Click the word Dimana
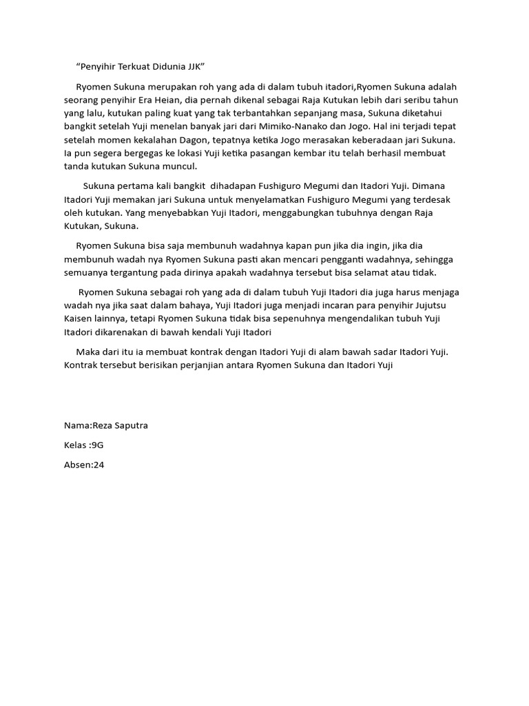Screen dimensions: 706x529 click(x=430, y=186)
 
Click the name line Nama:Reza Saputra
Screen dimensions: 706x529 click(x=106, y=425)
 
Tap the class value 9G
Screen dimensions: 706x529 click(x=97, y=445)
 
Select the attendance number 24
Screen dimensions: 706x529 click(x=98, y=465)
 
